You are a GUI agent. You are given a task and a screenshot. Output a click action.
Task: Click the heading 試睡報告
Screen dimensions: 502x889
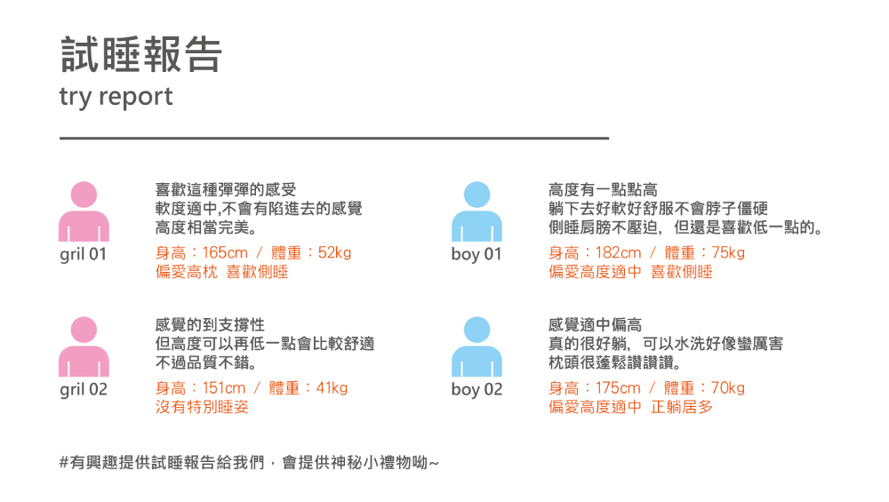(140, 55)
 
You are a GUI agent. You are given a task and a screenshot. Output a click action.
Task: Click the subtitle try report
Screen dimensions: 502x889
(116, 96)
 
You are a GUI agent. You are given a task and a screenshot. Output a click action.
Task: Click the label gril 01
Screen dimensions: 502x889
(84, 255)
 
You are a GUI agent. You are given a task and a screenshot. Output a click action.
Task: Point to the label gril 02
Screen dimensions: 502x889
(84, 390)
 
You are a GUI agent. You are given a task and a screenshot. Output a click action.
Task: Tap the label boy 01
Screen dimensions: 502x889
(477, 255)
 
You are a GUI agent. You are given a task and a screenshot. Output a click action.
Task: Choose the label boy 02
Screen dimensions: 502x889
(477, 390)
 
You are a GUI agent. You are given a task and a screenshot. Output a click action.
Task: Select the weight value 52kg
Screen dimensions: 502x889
(334, 253)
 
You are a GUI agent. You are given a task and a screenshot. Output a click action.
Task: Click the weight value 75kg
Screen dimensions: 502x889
(728, 253)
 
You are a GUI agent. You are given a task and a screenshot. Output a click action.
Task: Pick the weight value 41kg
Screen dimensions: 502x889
(332, 388)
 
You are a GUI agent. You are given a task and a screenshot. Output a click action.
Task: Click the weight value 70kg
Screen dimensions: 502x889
(728, 388)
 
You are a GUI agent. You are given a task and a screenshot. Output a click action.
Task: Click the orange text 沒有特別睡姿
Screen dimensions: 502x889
(202, 408)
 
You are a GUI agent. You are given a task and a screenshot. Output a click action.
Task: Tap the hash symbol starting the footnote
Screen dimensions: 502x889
(64, 463)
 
